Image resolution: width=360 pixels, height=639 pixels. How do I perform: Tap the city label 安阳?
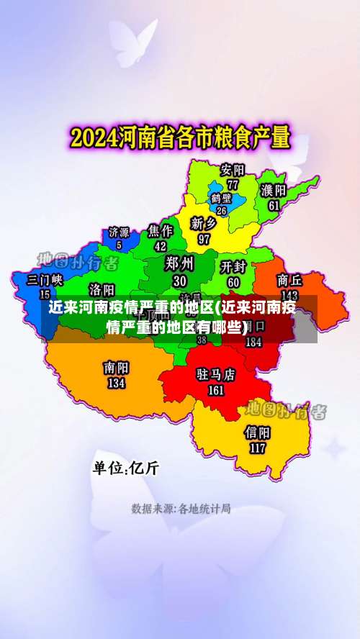(x=233, y=171)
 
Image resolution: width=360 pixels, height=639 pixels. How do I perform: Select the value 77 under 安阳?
(x=233, y=184)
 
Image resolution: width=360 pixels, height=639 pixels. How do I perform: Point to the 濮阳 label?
(x=274, y=190)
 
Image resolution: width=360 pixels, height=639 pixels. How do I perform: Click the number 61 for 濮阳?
(x=274, y=205)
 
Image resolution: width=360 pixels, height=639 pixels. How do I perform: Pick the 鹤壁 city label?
(x=221, y=198)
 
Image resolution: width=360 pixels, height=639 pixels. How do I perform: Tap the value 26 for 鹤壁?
(x=221, y=211)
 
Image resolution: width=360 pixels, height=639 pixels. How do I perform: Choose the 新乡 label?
(x=204, y=224)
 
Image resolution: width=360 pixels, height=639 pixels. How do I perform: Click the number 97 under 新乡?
(x=204, y=239)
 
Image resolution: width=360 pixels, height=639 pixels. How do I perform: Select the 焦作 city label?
(x=160, y=230)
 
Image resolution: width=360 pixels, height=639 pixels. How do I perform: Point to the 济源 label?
(x=119, y=232)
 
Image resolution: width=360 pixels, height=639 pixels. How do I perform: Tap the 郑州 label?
(x=179, y=263)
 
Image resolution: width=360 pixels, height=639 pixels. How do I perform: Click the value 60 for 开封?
(x=234, y=282)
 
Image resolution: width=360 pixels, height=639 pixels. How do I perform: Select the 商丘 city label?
(x=289, y=279)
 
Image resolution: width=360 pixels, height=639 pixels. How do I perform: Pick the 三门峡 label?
(x=45, y=279)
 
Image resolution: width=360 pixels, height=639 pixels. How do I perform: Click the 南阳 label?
(x=116, y=368)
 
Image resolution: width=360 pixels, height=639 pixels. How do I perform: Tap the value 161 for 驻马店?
(x=216, y=391)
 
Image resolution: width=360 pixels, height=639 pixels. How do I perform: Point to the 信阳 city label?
(x=257, y=432)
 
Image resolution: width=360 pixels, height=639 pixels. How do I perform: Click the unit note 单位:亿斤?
(x=126, y=468)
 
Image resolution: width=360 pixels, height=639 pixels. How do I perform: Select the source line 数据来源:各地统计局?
(x=180, y=509)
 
